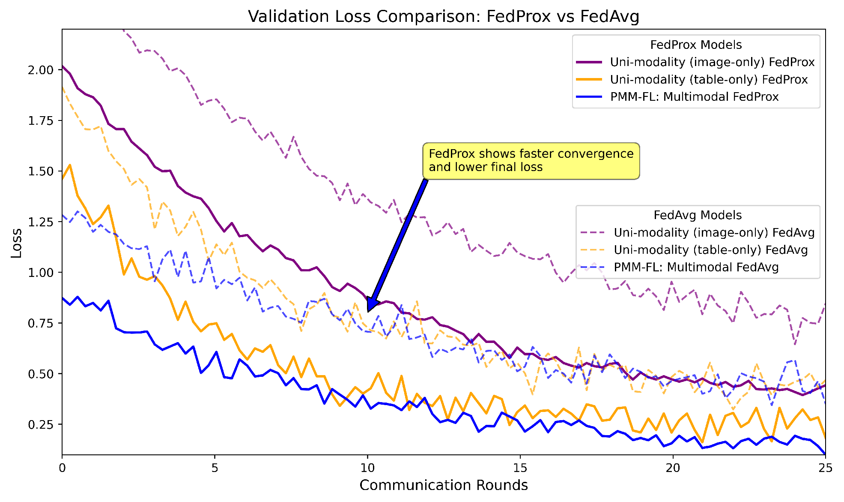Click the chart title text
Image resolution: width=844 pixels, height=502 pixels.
pos(444,16)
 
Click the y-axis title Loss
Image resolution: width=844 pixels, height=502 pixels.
pos(16,243)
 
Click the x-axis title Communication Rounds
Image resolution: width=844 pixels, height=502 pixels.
pos(444,485)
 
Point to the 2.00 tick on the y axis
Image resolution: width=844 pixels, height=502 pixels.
pos(41,70)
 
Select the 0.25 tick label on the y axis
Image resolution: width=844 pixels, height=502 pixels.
pos(41,424)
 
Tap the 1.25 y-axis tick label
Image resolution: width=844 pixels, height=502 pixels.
pos(41,222)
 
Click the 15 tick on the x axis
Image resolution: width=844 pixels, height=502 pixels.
pos(520,468)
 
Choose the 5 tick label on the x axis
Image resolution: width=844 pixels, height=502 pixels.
pos(215,468)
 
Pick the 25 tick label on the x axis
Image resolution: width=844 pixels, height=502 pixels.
pos(825,468)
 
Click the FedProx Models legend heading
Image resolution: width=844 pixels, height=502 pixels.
pos(696,45)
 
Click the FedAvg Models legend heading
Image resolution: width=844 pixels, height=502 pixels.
pos(698,215)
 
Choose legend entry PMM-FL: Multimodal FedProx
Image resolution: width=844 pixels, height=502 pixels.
pos(694,97)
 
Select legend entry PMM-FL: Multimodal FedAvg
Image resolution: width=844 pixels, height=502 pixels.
pos(696,267)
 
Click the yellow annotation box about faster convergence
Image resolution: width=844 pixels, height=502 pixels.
pos(531,161)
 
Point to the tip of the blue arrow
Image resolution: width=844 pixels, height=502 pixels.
pos(368,311)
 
